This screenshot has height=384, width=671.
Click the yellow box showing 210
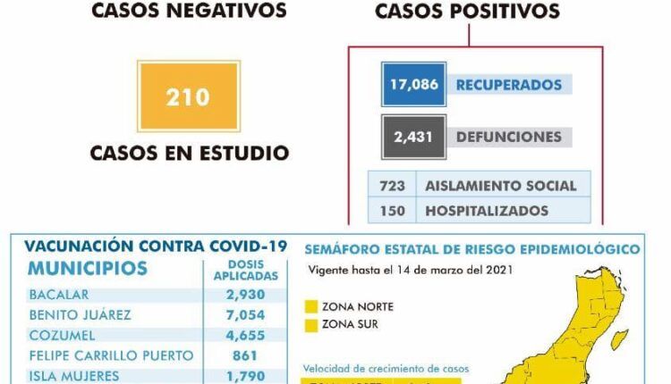[x=188, y=95]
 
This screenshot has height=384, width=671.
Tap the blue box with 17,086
[x=412, y=85]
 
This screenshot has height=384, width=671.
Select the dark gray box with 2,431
[x=412, y=137]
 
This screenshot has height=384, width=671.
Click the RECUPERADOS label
[x=509, y=85]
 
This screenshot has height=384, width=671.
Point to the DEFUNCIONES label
[x=509, y=137]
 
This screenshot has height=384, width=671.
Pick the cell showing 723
[x=392, y=186]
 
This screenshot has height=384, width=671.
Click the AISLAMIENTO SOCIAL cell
[x=500, y=186]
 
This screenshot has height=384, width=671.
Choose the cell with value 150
[x=392, y=212]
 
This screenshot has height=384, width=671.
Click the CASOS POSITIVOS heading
[x=467, y=12]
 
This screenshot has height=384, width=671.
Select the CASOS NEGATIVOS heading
[x=189, y=11]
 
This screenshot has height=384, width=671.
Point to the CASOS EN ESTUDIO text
[x=189, y=153]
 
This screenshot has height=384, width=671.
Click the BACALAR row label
[x=59, y=294]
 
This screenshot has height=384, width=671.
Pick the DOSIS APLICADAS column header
[x=241, y=271]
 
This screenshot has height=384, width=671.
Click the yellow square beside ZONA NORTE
[x=311, y=306]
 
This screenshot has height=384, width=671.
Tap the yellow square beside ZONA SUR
[x=311, y=324]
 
